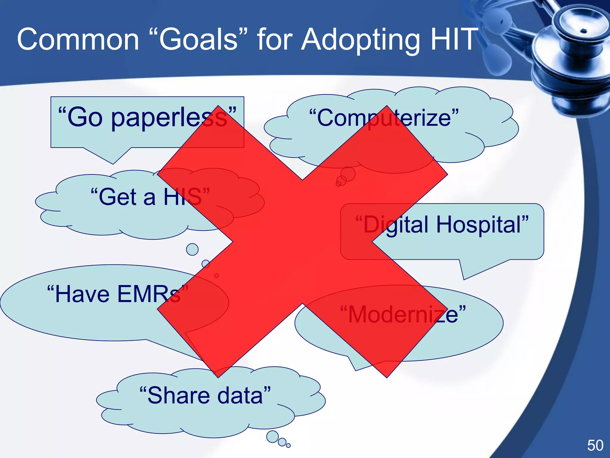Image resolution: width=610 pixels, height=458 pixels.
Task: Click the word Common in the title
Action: coord(78,39)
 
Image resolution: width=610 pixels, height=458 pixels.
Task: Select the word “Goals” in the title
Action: coord(198,39)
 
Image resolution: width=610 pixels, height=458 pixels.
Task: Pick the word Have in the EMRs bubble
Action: coord(82,294)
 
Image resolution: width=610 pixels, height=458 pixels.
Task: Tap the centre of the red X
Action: coord(302,242)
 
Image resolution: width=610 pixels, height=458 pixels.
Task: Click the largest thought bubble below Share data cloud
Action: coord(272,437)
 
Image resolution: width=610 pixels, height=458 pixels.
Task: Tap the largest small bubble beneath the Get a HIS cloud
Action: coord(192,249)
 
